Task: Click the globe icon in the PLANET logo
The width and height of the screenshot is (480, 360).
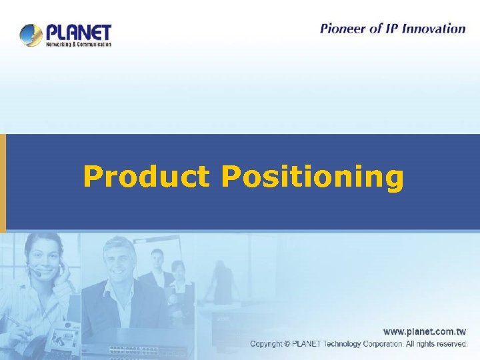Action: [31, 35]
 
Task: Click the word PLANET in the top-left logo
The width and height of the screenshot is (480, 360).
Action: [78, 32]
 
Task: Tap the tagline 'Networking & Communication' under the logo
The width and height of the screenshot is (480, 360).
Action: [78, 45]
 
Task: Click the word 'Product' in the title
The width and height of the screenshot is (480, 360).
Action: [146, 177]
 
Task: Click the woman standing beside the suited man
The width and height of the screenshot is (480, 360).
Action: [179, 283]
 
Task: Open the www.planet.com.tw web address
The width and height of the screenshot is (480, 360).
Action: [424, 331]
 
